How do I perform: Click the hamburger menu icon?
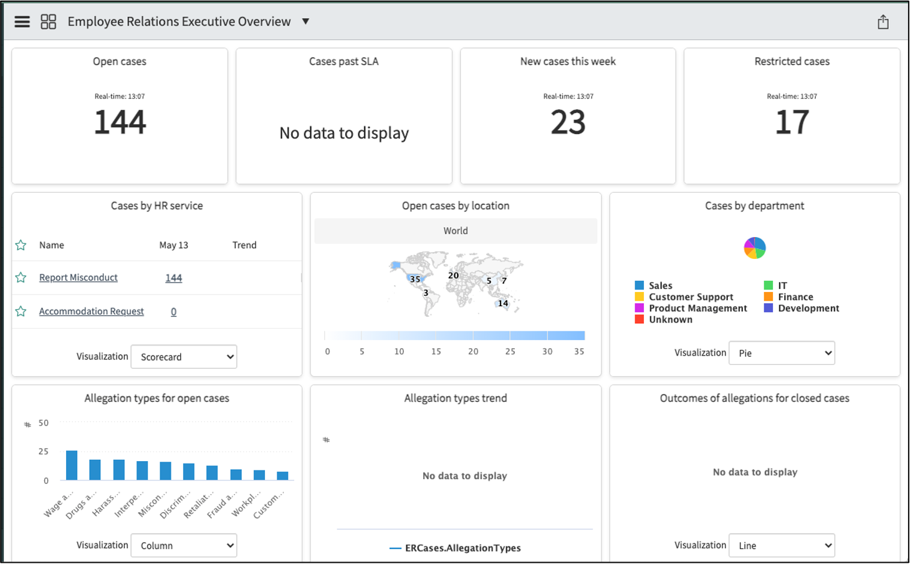point(22,22)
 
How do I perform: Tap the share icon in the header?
point(883,22)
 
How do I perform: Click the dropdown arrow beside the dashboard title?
point(305,21)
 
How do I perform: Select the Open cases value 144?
point(120,122)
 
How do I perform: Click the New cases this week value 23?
point(568,122)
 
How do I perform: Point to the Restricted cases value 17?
point(792,122)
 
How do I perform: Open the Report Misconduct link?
point(79,278)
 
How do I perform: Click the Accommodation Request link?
point(92,311)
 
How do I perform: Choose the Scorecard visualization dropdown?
point(184,357)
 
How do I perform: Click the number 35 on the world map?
point(414,280)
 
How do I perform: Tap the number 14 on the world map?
point(503,303)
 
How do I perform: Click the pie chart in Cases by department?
point(755,248)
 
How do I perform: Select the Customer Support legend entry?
point(684,297)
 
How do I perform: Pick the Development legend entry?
point(802,308)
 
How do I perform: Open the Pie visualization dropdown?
point(782,353)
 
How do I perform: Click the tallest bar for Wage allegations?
point(72,465)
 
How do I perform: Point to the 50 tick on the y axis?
point(44,423)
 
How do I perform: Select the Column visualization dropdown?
point(184,545)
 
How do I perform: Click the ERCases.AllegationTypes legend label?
point(463,548)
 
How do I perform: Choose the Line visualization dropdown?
point(782,545)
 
